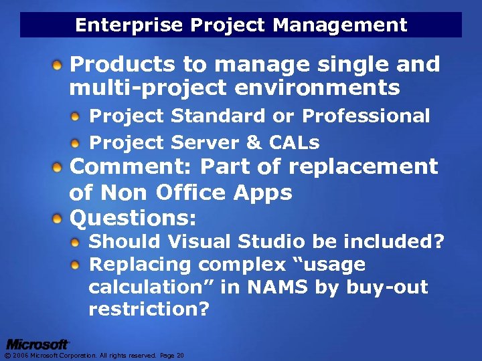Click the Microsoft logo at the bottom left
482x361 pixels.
(x=37, y=344)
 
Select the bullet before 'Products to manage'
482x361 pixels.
(x=59, y=66)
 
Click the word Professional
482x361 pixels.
(x=366, y=116)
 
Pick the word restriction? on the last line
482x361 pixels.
(x=147, y=310)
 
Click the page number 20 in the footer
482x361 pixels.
(x=180, y=356)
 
